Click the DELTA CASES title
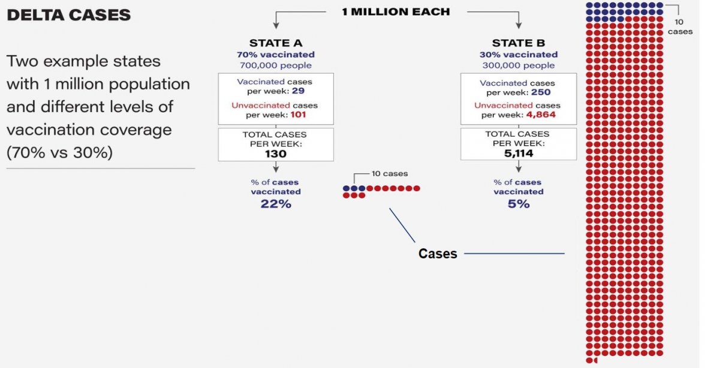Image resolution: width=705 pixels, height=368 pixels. (69, 15)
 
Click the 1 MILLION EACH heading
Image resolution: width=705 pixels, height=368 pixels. (396, 12)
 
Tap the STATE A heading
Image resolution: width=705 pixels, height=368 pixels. (276, 43)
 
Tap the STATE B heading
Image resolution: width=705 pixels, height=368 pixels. (519, 43)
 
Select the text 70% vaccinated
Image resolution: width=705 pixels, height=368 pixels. (276, 55)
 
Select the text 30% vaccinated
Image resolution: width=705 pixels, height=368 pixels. (519, 55)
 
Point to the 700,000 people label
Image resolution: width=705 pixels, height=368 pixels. (276, 65)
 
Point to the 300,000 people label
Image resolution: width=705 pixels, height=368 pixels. (519, 65)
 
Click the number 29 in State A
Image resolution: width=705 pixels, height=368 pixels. (298, 91)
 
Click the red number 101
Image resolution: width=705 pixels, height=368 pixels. (298, 114)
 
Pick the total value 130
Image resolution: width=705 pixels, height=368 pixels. (276, 154)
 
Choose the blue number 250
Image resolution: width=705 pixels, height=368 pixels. (541, 92)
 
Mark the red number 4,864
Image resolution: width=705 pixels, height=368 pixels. (541, 114)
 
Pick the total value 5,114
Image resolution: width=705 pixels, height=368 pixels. (519, 153)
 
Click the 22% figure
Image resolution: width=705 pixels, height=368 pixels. (276, 204)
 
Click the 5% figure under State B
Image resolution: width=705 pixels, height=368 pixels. (519, 204)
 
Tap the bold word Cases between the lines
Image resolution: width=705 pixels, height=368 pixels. (438, 254)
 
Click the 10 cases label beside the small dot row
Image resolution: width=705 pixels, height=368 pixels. (390, 174)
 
